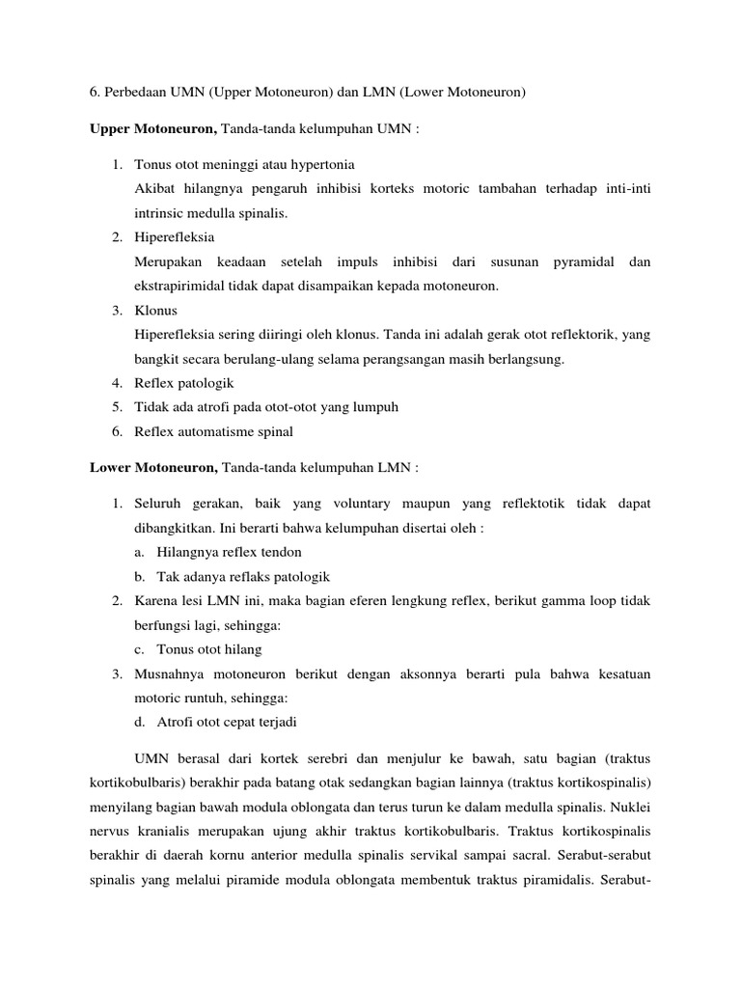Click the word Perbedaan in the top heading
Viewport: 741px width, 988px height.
137,93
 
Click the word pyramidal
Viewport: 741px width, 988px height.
583,261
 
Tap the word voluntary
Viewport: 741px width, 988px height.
388,504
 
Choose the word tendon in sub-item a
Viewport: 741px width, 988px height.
281,552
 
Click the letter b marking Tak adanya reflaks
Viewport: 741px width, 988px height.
139,576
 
